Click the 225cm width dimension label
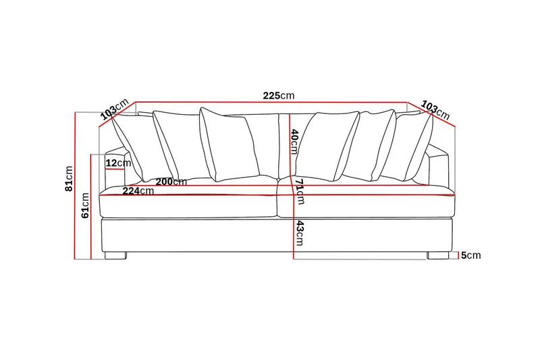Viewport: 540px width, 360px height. pos(279,96)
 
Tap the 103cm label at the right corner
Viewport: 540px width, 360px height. pos(435,109)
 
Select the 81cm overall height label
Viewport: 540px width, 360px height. pos(68,178)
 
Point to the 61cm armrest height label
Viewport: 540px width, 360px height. pos(85,205)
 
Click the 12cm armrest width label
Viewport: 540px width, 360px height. pos(118,163)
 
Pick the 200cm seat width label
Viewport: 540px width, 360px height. pos(171,182)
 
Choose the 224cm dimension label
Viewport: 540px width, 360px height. pos(138,191)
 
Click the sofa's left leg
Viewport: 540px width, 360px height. pos(115,256)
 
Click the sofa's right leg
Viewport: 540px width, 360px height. pos(437,256)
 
